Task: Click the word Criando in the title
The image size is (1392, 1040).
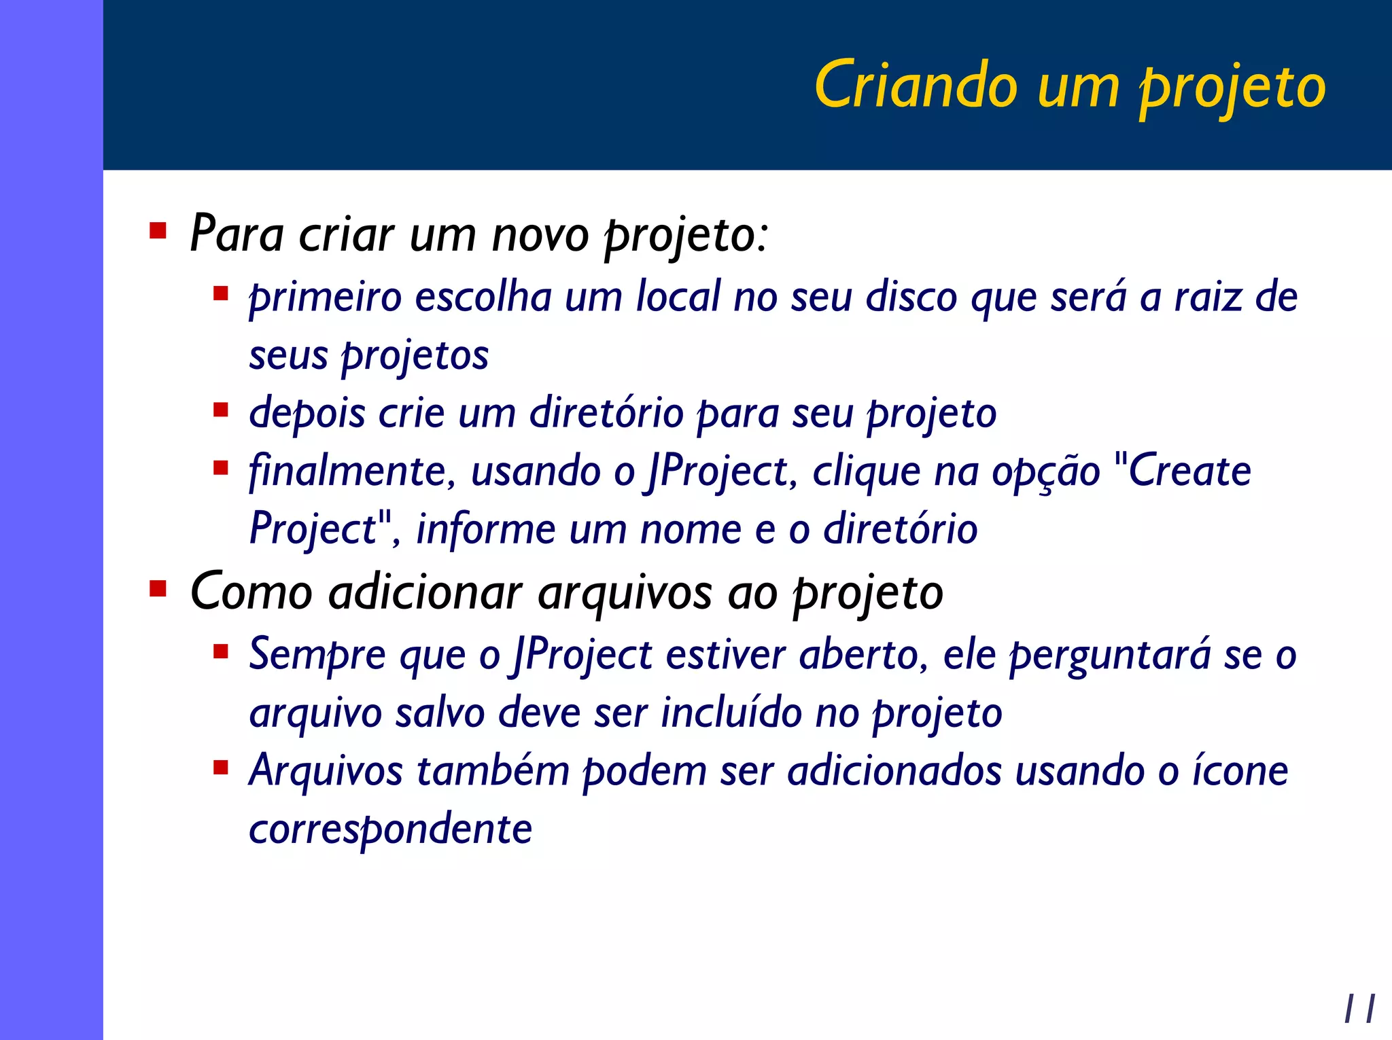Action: point(916,86)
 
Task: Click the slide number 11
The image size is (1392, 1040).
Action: point(1359,1008)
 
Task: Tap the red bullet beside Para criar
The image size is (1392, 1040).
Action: point(158,231)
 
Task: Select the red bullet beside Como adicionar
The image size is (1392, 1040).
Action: point(158,588)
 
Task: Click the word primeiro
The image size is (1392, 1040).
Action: point(326,299)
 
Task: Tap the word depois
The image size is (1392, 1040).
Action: point(307,414)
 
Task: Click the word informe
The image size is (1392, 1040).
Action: point(485,529)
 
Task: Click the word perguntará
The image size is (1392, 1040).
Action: point(1109,656)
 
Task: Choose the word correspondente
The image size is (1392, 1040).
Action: point(390,829)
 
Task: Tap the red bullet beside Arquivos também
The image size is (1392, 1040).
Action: point(220,768)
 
